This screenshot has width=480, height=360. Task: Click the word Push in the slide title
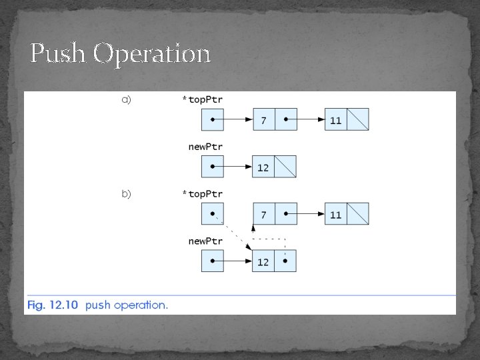point(59,53)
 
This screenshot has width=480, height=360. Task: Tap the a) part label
point(126,99)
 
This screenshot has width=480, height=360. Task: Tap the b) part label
point(126,194)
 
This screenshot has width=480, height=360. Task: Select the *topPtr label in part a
point(203,99)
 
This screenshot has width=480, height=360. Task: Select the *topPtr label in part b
point(203,194)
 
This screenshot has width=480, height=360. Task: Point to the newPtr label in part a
point(205,146)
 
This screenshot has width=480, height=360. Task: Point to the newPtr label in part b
point(205,241)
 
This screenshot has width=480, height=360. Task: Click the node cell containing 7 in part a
point(264,120)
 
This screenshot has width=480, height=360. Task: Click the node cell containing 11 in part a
point(336,120)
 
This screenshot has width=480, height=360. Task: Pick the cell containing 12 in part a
point(263,167)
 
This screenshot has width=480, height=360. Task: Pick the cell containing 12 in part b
point(263,261)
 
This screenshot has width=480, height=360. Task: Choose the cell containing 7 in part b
point(264,215)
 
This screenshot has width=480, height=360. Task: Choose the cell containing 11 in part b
point(336,215)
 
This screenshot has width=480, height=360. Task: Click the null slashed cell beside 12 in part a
point(285,167)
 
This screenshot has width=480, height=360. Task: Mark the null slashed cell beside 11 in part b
point(358,215)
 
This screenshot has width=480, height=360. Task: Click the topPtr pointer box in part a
point(213,120)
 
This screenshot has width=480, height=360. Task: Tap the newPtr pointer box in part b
point(213,261)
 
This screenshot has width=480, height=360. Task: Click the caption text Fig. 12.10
point(52,305)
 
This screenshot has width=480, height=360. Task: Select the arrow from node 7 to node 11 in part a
point(307,120)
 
